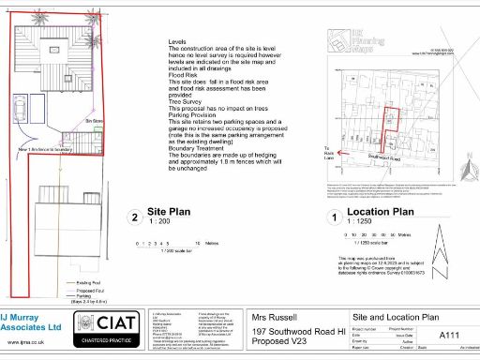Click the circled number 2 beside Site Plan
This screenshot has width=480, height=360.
137,219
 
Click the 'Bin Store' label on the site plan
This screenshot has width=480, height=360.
95,122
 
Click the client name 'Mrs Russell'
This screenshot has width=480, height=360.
275,318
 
